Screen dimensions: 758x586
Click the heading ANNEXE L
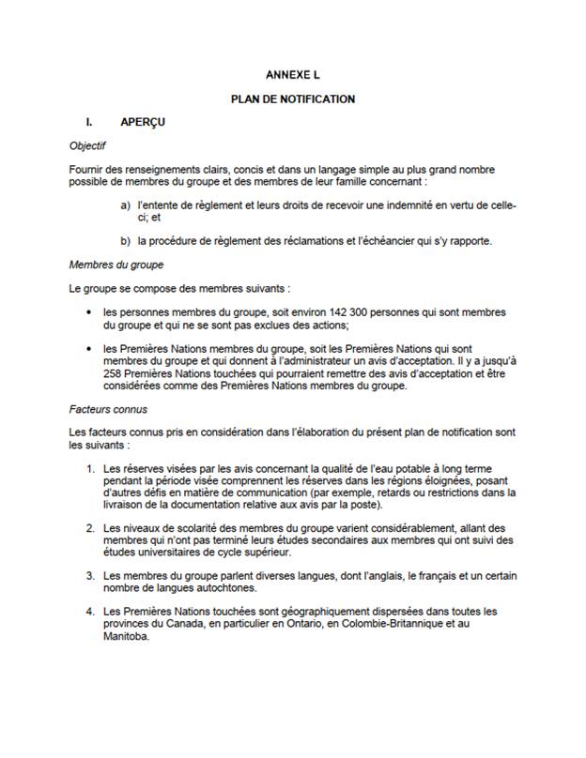[292, 73]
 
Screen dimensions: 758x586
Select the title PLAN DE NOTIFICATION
[292, 98]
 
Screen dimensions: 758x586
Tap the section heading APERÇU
[144, 122]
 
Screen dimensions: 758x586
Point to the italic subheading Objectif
[88, 146]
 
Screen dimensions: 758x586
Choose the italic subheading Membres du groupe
[116, 265]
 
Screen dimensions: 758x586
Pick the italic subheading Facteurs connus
[108, 409]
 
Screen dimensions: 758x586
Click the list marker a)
[125, 205]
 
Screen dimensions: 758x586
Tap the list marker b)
[125, 240]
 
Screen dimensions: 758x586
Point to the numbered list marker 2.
[90, 528]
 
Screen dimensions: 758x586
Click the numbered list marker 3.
[90, 575]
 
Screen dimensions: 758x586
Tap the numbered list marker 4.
[90, 611]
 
